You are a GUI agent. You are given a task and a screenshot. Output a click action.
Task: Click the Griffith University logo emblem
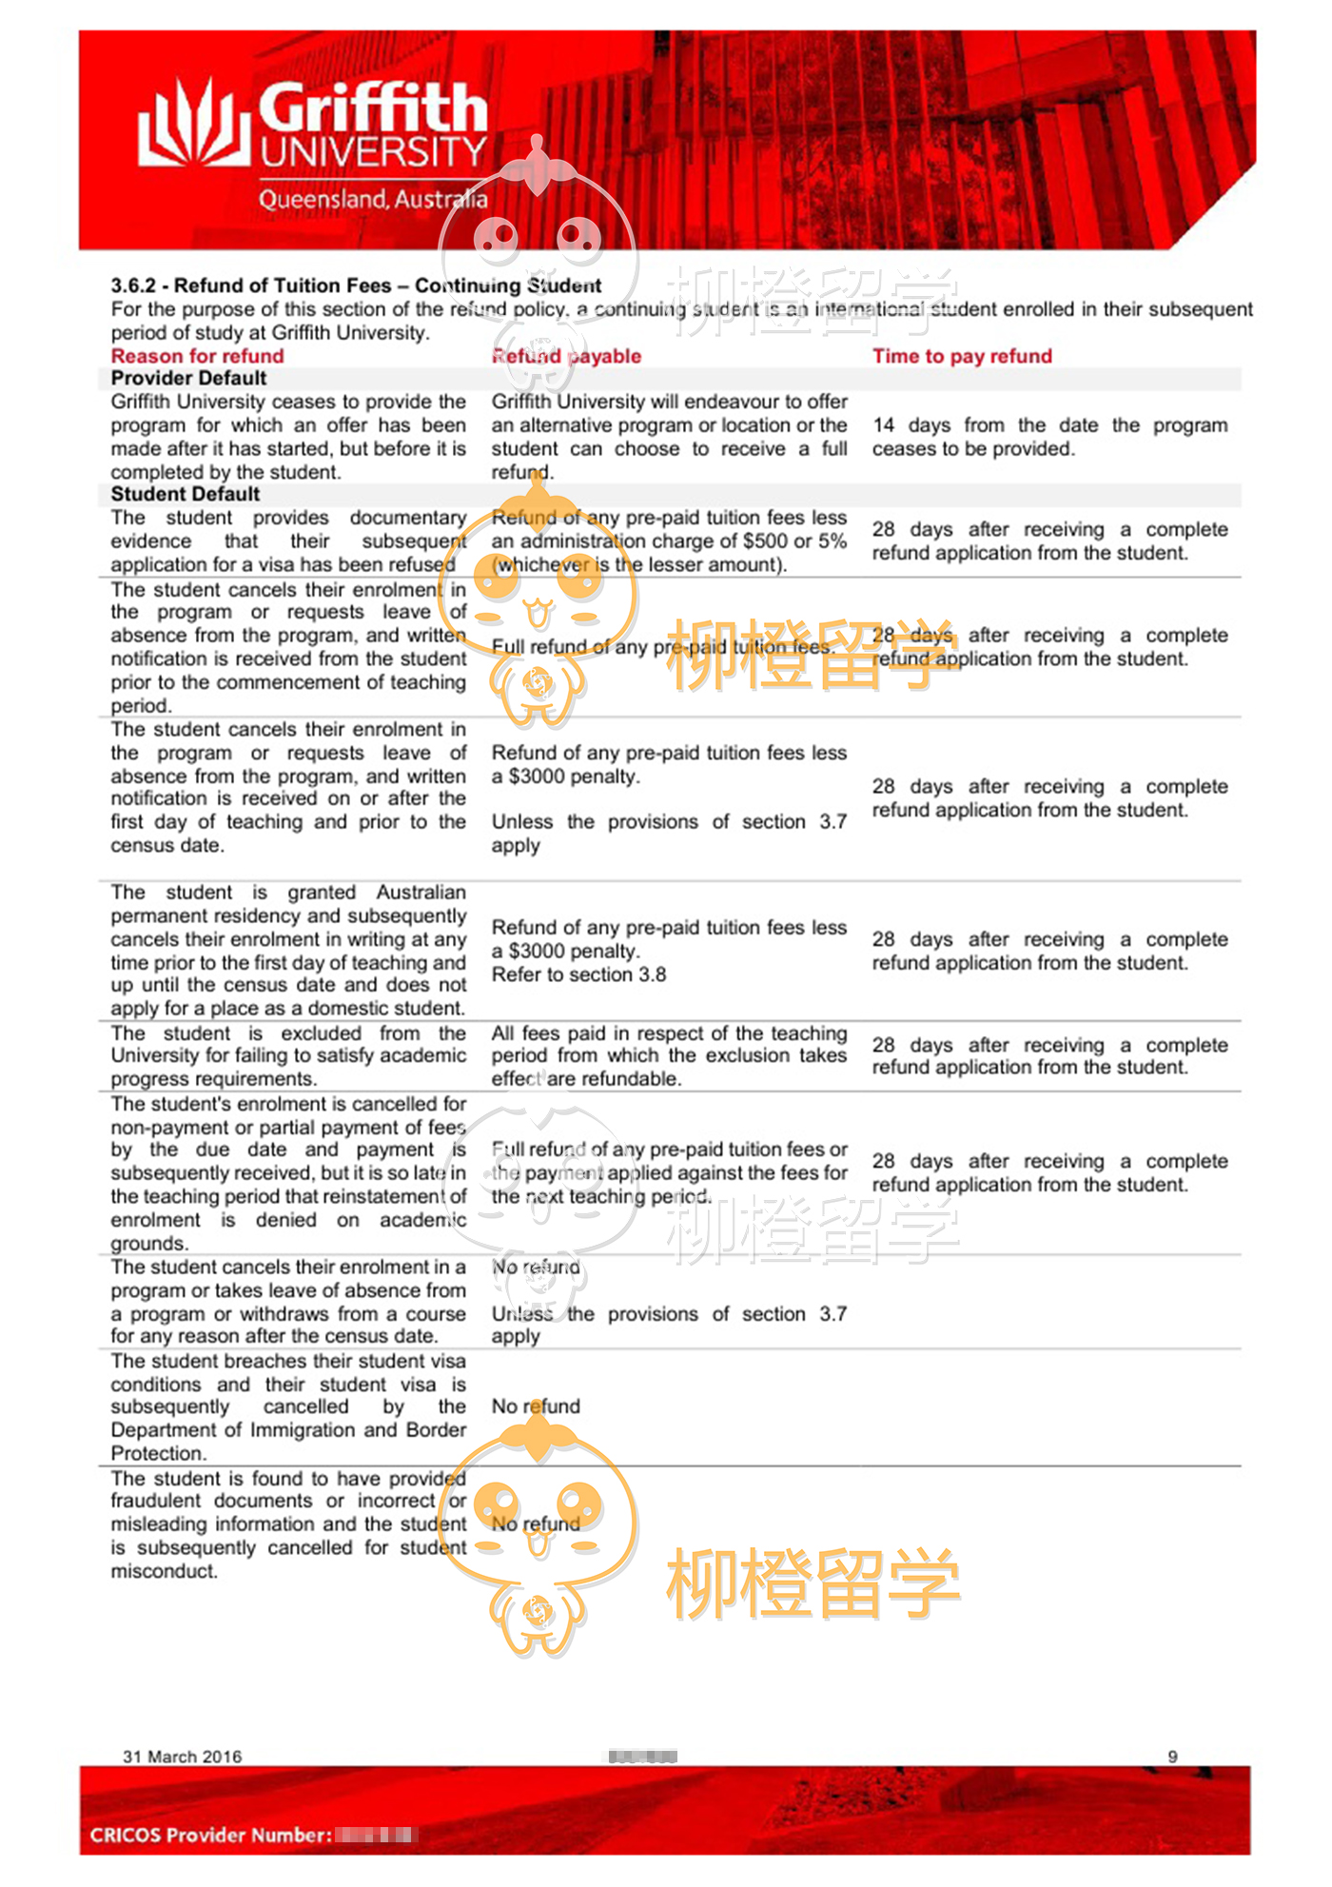[x=194, y=124]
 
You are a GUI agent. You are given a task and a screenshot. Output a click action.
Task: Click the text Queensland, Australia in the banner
[x=372, y=199]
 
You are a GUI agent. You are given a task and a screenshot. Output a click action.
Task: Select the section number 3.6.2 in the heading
[x=132, y=285]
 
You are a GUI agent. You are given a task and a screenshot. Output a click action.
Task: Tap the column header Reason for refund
[x=197, y=356]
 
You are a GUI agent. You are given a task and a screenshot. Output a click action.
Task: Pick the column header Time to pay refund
[x=962, y=356]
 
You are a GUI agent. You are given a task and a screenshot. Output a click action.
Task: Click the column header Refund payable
[x=566, y=356]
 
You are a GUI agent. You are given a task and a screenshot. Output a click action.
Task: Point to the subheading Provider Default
[x=188, y=378]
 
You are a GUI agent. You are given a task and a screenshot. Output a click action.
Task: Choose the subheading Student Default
[x=185, y=494]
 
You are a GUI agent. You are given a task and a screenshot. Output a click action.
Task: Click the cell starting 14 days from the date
[x=1049, y=437]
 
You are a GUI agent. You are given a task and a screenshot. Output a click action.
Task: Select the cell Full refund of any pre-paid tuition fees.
[x=663, y=647]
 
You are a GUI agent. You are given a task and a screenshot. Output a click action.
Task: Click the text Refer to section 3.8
[x=578, y=974]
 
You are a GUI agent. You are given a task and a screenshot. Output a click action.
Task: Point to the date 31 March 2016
[x=182, y=1757]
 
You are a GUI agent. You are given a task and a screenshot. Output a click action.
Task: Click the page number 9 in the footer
[x=1172, y=1757]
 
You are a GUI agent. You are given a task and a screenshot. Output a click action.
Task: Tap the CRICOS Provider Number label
[x=210, y=1835]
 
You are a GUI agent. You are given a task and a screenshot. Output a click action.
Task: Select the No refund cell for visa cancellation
[x=536, y=1406]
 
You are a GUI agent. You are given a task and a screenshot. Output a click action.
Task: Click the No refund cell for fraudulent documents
[x=536, y=1523]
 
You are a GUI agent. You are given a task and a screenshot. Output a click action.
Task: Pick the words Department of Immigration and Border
[x=288, y=1429]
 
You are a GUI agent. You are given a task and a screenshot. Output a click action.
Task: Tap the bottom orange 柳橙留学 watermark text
[x=813, y=1583]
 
